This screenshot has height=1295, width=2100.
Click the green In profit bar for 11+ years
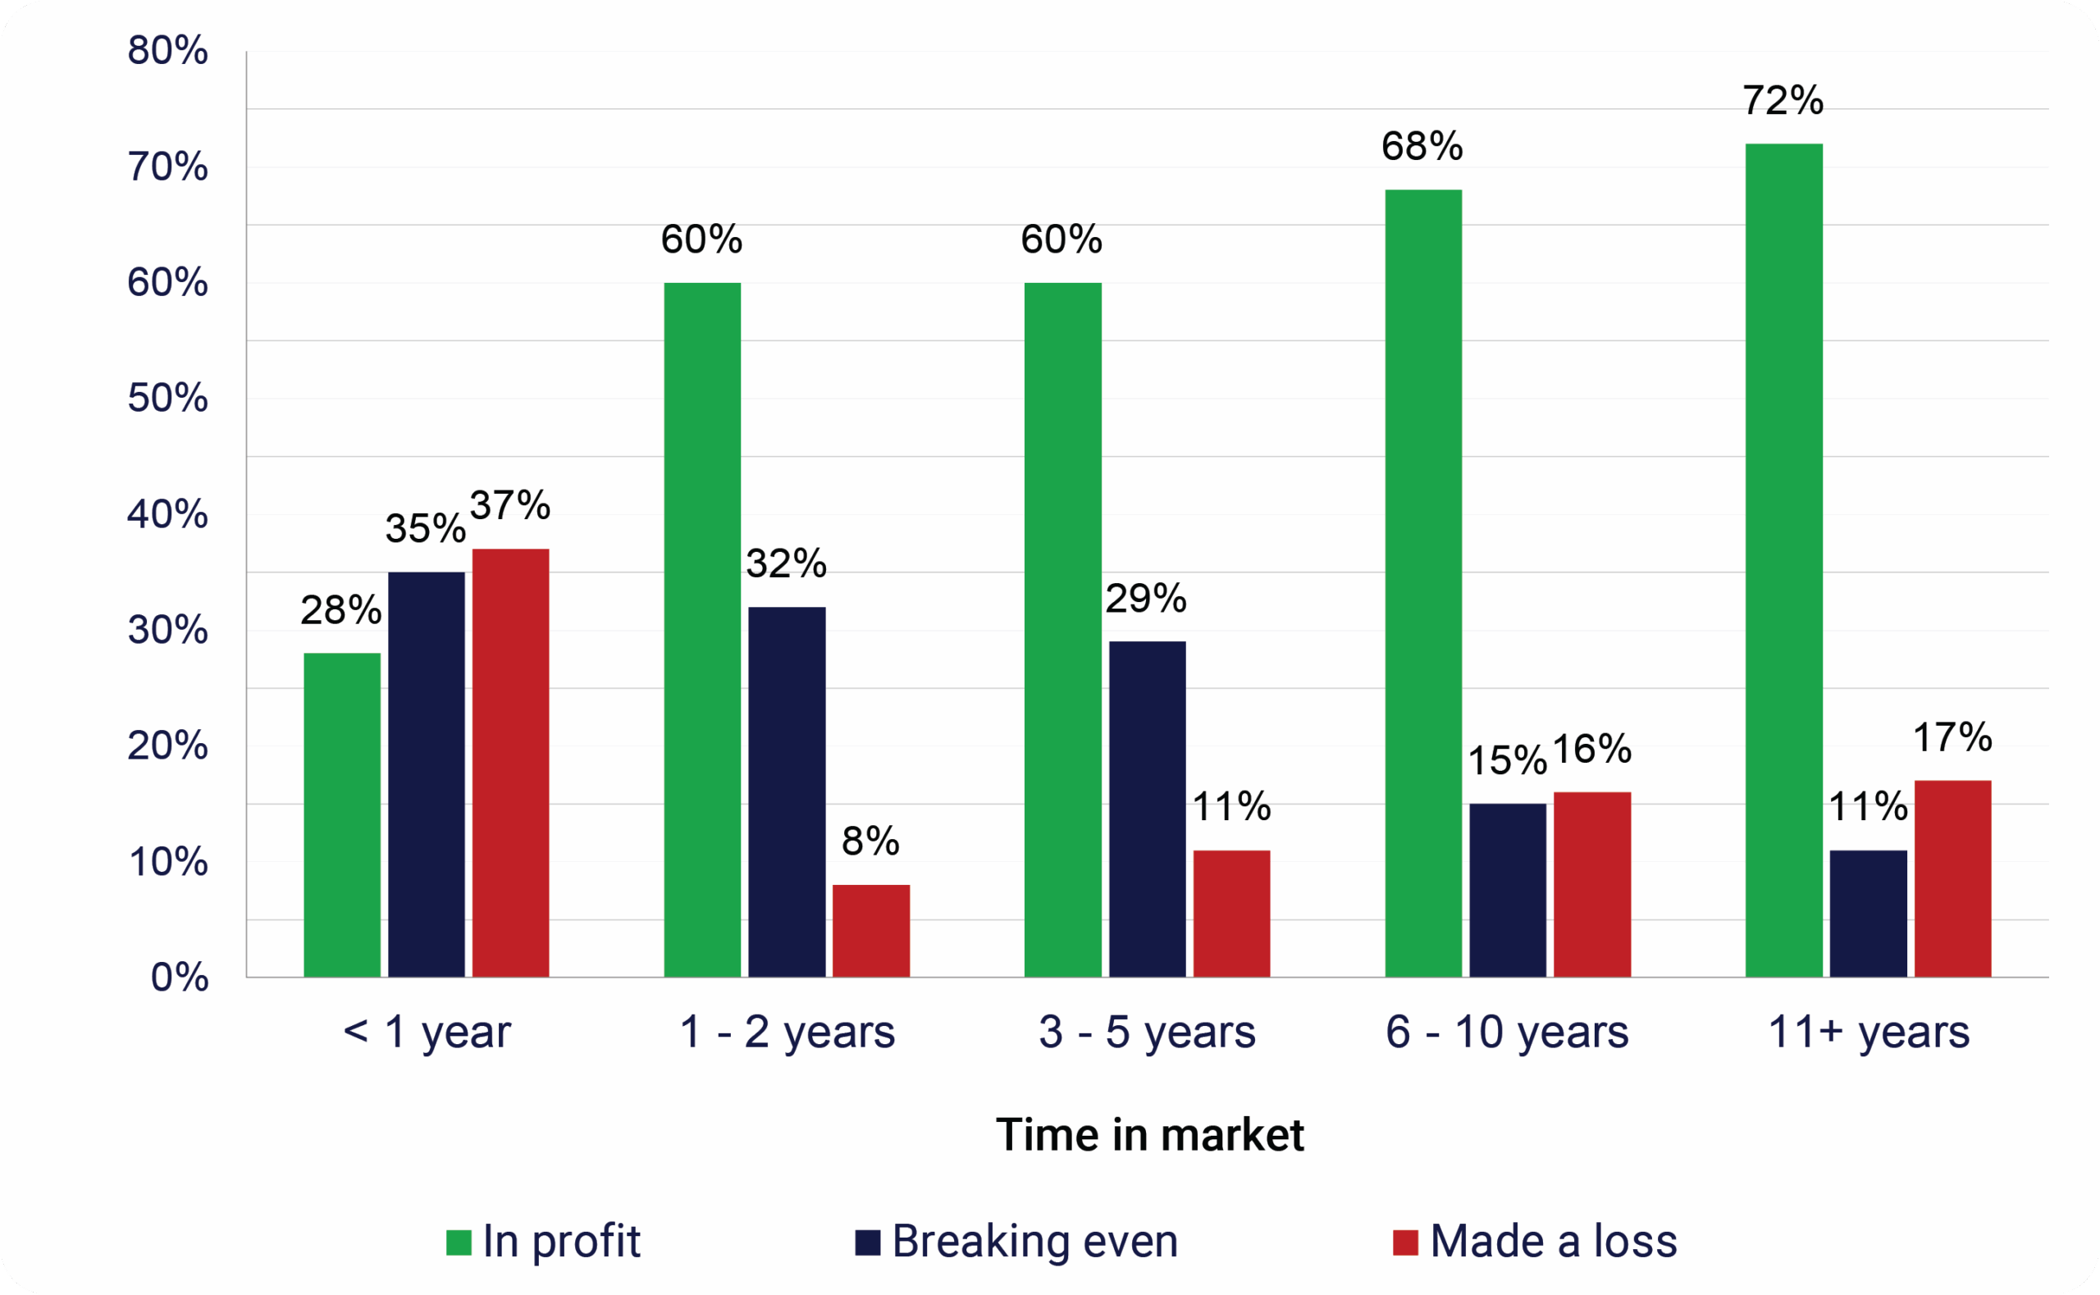pos(1783,560)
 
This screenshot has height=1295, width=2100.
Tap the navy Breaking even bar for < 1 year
pos(427,774)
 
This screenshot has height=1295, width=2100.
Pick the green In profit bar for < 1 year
pos(342,814)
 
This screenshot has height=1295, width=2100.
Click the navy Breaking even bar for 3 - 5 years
pos(1147,809)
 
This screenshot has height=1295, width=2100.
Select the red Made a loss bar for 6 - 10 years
pos(1592,884)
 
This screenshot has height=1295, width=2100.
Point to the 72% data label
pos(1783,101)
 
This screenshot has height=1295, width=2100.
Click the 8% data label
pos(870,841)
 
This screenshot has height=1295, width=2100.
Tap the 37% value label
pos(509,505)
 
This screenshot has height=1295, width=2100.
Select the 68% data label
pos(1422,147)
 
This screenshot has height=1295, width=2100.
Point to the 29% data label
pos(1145,599)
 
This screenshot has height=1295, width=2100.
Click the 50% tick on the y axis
pos(168,399)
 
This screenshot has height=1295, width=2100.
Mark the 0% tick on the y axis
pos(179,978)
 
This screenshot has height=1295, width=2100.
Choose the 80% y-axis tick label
pos(168,51)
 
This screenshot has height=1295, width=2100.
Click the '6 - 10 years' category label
pos(1506,1031)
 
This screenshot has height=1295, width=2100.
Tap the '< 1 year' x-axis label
pos(427,1031)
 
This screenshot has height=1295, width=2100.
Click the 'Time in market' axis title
pos(1149,1135)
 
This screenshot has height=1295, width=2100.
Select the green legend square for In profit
pos(459,1243)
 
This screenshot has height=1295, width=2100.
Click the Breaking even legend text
pos(1034,1241)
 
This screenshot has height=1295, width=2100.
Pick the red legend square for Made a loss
pos(1405,1243)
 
